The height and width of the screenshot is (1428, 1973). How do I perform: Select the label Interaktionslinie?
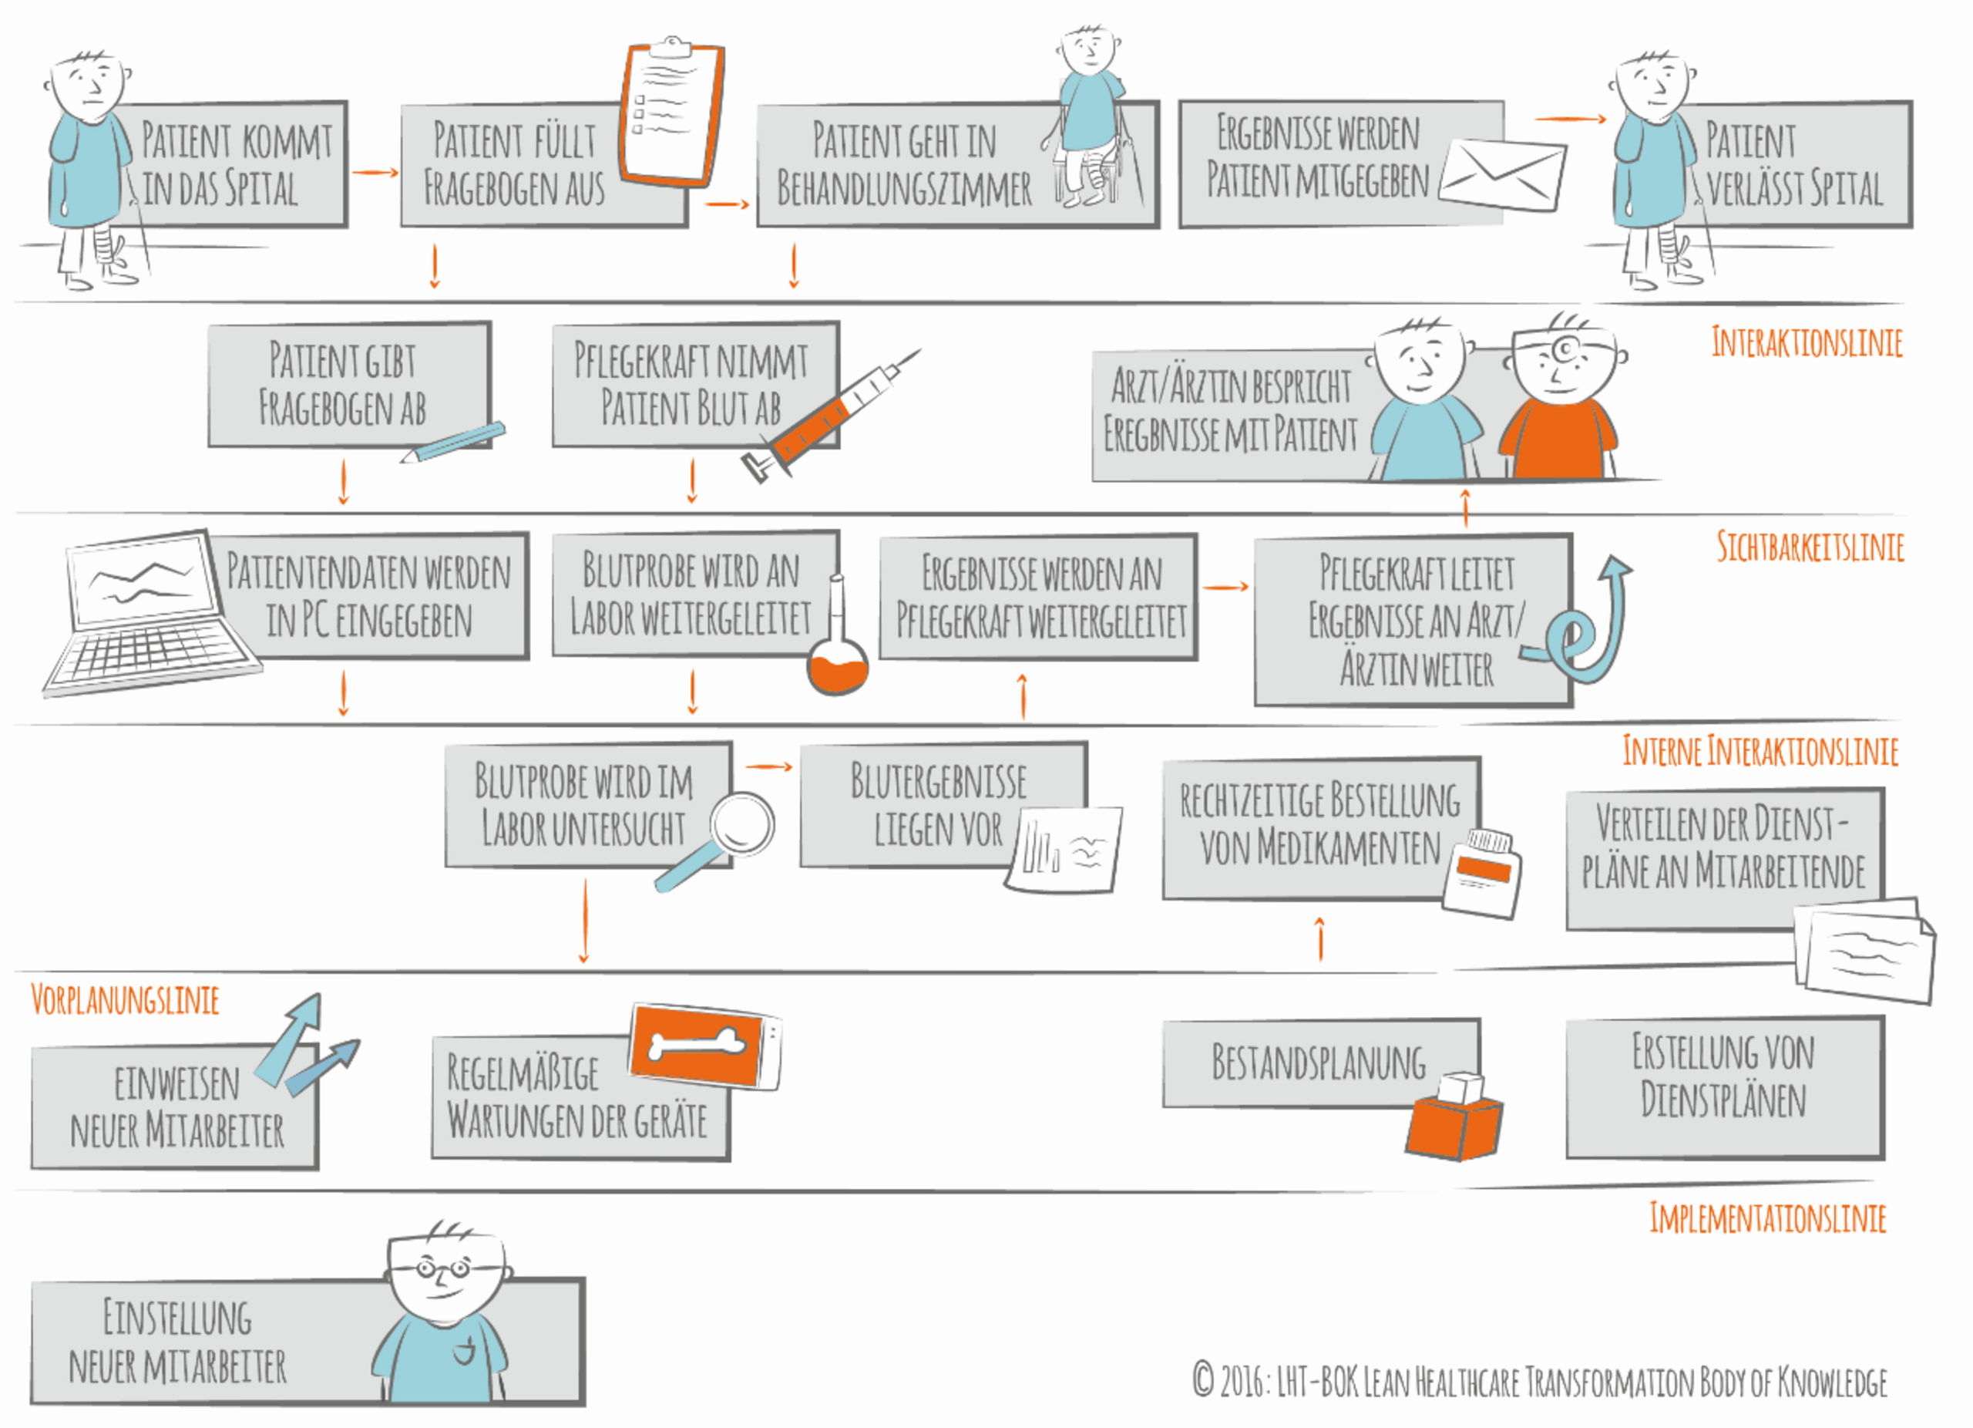click(1807, 342)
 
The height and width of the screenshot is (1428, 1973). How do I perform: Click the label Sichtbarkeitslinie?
click(1810, 547)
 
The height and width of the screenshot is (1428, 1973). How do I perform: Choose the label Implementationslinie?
click(1768, 1218)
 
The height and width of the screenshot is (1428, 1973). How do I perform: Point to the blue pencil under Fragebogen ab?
click(452, 442)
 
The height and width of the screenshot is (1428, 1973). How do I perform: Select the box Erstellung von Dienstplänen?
click(1725, 1088)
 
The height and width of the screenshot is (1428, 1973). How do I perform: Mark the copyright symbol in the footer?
click(1203, 1379)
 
